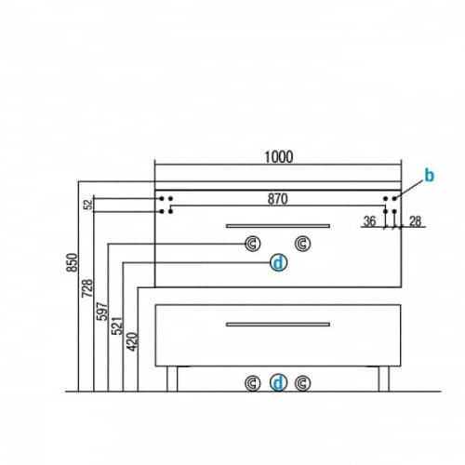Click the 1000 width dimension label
pos(279,157)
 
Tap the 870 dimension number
pos(278,199)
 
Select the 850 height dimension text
pos(73,262)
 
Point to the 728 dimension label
pos(87,288)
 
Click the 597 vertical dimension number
pos(102,312)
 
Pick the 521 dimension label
pos(117,325)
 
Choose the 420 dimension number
pos(132,341)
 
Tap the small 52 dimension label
pos(88,205)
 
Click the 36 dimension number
pos(369,221)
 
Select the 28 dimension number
pos(415,221)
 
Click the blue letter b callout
pos(430,176)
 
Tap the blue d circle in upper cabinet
pos(278,263)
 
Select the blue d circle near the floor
pos(278,383)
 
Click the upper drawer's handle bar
pos(278,226)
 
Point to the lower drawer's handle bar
pos(278,325)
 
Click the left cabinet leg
pos(172,379)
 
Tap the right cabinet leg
pos(384,379)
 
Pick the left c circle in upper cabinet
pos(253,244)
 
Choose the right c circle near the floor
pos(302,383)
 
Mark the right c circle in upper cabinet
pos(302,244)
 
